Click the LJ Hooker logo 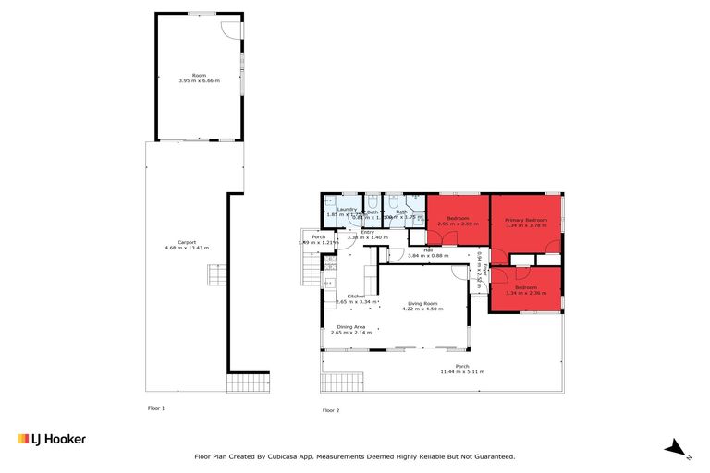pos(52,439)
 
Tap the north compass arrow pos(678,449)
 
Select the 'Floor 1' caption pos(156,407)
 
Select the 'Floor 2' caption pos(330,409)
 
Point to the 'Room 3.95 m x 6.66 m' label pos(199,78)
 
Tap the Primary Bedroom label pos(525,222)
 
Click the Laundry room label pos(348,212)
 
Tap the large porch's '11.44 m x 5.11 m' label pos(462,369)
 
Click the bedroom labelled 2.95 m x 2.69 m pos(457,222)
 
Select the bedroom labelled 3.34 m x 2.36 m pos(526,290)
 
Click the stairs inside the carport pos(215,276)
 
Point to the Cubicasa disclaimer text pos(354,456)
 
